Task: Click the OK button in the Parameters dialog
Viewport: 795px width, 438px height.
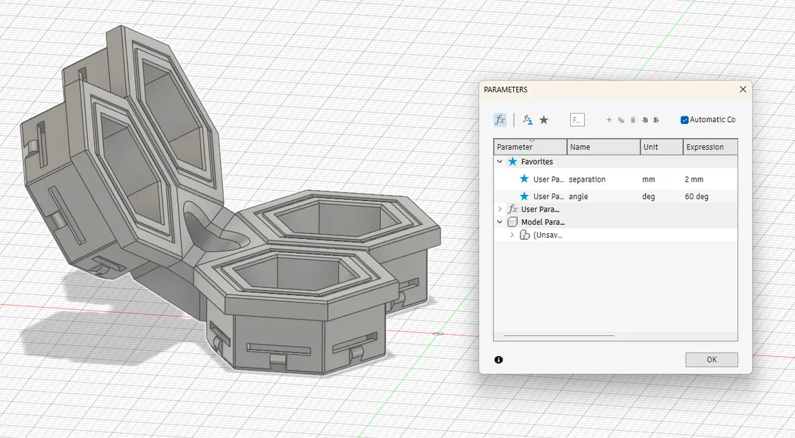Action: pyautogui.click(x=711, y=360)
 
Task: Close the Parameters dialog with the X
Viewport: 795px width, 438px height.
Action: pyautogui.click(x=743, y=90)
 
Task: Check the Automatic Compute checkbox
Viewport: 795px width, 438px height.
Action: pyautogui.click(x=684, y=120)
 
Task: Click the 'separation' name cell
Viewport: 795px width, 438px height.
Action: pyautogui.click(x=587, y=179)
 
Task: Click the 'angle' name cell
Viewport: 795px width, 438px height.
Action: pyautogui.click(x=579, y=197)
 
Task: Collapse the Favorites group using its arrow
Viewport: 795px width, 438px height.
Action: pyautogui.click(x=500, y=162)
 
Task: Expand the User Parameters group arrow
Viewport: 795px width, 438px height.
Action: pyautogui.click(x=500, y=210)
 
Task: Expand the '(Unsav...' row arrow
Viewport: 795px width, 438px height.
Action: pyautogui.click(x=512, y=235)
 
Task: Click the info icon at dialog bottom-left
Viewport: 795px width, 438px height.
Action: pyautogui.click(x=498, y=360)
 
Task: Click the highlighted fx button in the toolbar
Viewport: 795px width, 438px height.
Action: pyautogui.click(x=500, y=120)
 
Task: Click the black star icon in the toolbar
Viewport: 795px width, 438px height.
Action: pyautogui.click(x=544, y=120)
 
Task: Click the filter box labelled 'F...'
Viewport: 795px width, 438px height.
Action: pyautogui.click(x=577, y=120)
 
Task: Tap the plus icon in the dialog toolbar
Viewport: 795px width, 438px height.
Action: pyautogui.click(x=609, y=120)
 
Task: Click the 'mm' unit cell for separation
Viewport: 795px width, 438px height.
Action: pyautogui.click(x=648, y=179)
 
